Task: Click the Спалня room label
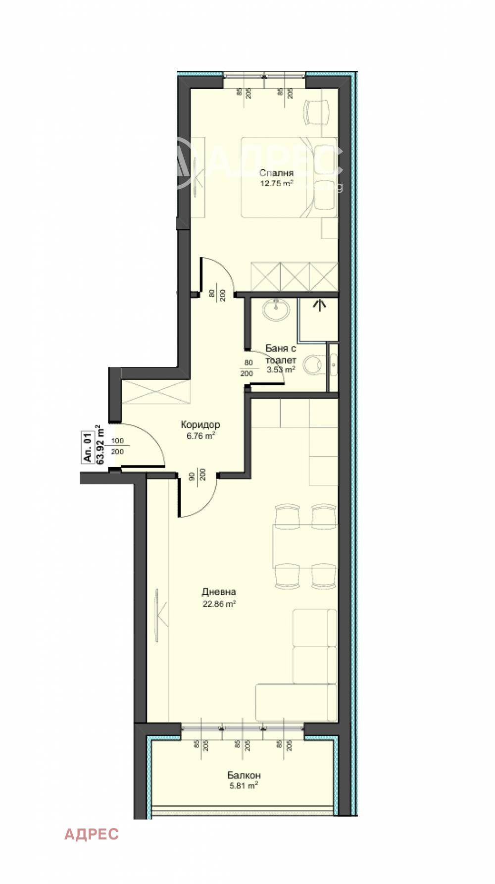(276, 173)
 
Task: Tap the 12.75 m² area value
(276, 183)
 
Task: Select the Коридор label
(200, 425)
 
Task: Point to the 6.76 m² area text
(200, 436)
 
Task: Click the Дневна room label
(219, 592)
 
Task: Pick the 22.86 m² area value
(219, 604)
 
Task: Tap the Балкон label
(244, 775)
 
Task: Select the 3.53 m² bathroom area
(281, 369)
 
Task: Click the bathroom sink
(276, 310)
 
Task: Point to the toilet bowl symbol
(313, 365)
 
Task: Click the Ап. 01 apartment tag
(87, 447)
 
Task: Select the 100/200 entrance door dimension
(117, 446)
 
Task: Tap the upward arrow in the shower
(320, 304)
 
